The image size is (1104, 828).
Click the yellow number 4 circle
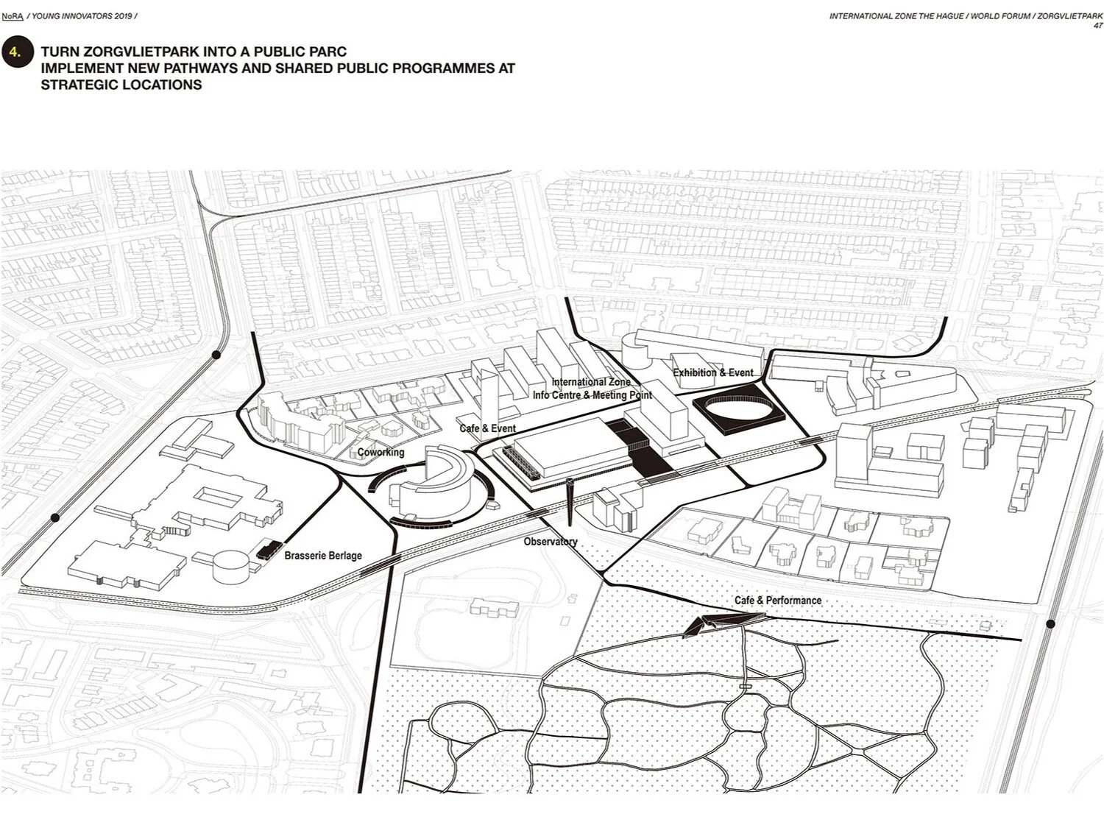(17, 52)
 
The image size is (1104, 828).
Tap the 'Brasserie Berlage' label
(323, 556)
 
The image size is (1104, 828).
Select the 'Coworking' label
(381, 452)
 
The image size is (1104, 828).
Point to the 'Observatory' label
(551, 542)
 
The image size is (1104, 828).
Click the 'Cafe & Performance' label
(777, 601)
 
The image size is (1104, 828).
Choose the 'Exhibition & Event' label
(713, 372)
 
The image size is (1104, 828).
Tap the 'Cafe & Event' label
(487, 428)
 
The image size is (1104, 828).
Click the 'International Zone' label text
(591, 382)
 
